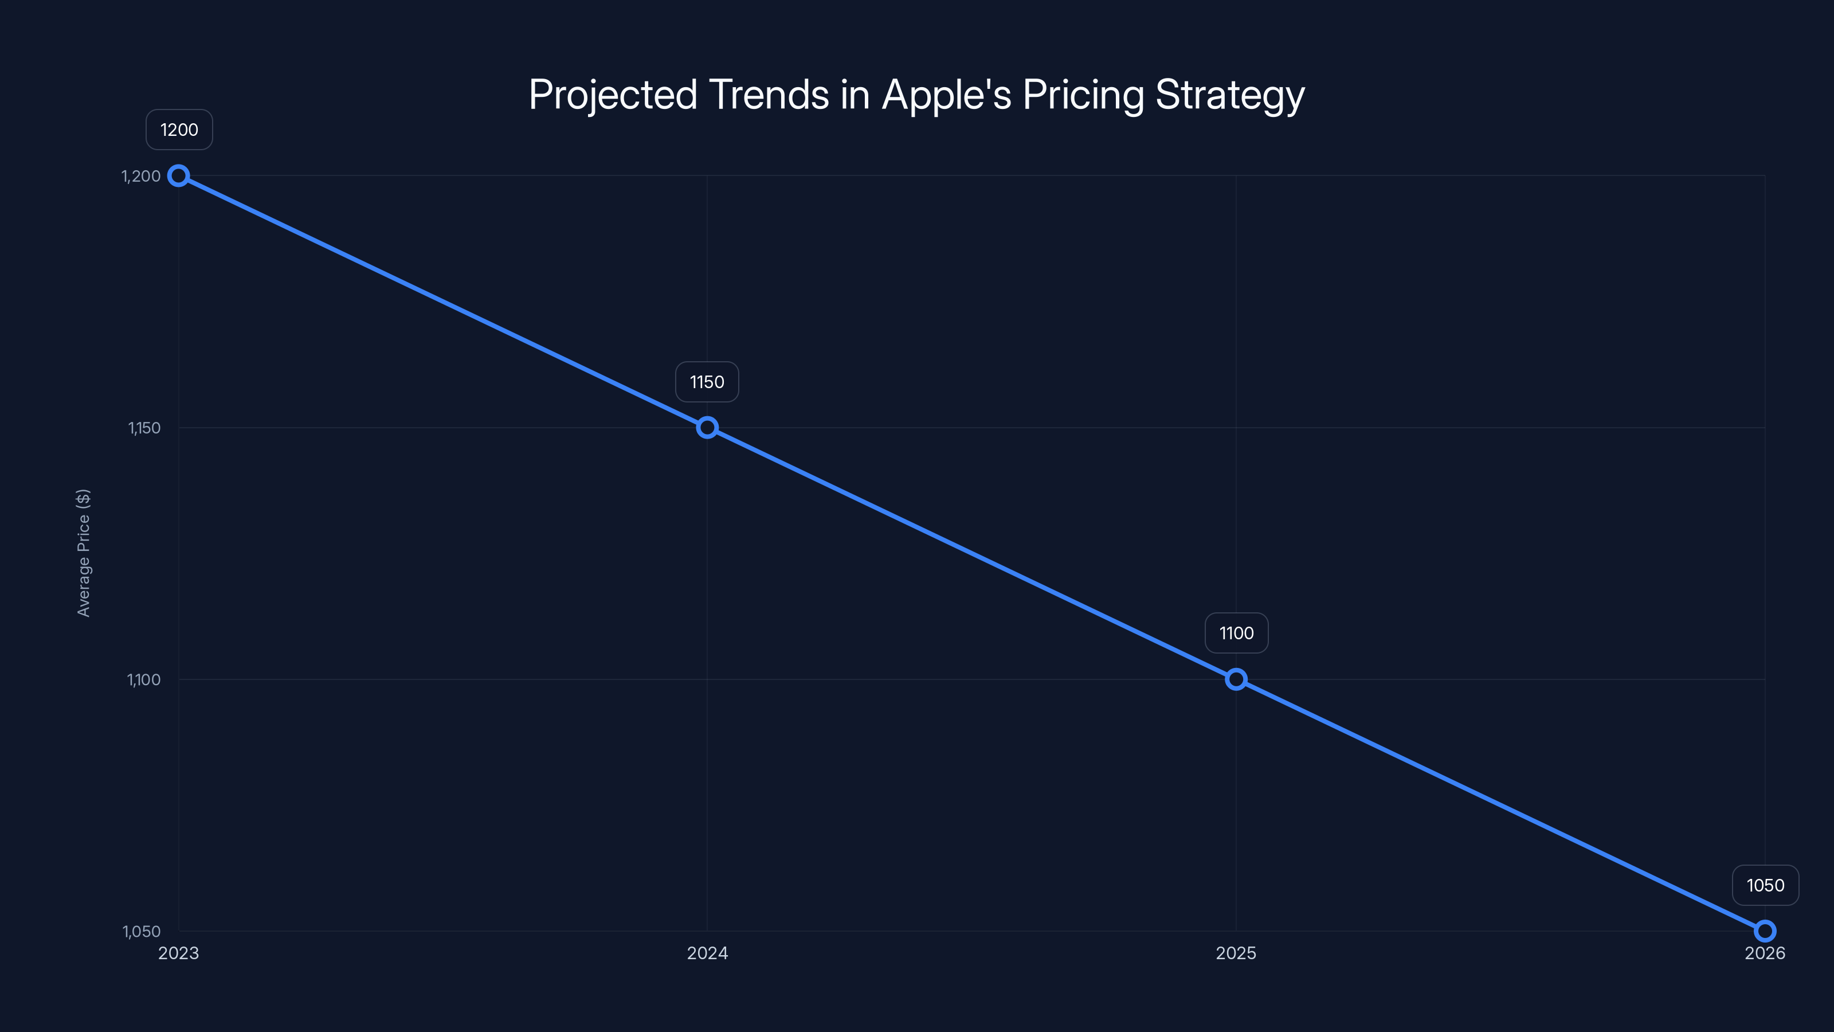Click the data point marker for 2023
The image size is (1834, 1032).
[x=179, y=176]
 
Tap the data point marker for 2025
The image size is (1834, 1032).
[x=1236, y=679]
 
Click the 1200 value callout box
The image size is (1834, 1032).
[x=179, y=130]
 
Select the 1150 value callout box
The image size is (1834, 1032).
[x=707, y=382]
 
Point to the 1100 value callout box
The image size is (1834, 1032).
[x=1236, y=633]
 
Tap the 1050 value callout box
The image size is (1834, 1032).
[x=1765, y=885]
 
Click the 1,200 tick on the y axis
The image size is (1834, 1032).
[x=141, y=176]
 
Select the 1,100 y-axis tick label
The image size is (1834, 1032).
[x=144, y=679]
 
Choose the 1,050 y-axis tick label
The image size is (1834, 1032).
[x=142, y=931]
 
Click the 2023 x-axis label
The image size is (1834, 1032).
[x=179, y=953]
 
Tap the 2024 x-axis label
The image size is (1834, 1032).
[x=707, y=953]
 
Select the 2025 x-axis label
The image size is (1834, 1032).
[x=1236, y=953]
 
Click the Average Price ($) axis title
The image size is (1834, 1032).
[x=83, y=553]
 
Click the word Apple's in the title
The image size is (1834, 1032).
[x=946, y=95]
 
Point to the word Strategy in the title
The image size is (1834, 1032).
[x=1229, y=95]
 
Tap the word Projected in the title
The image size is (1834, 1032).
[x=612, y=95]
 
